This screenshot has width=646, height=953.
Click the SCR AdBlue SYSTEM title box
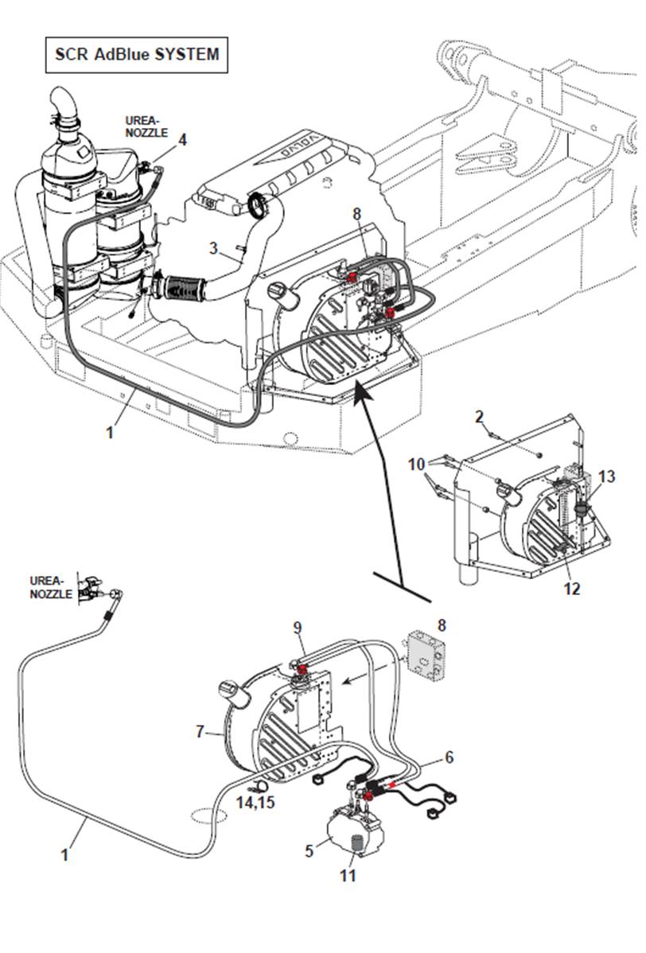coord(136,55)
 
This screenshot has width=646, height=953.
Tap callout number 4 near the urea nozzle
coord(183,140)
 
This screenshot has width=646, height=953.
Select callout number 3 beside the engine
coord(213,248)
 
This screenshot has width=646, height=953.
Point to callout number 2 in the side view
coord(479,416)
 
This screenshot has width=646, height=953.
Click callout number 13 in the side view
coord(607,476)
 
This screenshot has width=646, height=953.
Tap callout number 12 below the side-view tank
coord(571,589)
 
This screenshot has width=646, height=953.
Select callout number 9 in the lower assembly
coord(298,628)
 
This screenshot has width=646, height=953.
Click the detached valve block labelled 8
coord(426,653)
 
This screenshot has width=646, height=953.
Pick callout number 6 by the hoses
coord(449,757)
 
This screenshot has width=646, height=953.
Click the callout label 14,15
coord(255,802)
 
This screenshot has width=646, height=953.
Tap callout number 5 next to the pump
coord(310,850)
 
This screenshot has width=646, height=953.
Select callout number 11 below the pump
coord(348,875)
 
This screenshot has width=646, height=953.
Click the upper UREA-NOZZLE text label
coord(142,126)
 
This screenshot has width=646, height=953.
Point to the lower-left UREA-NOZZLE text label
coord(51,587)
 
